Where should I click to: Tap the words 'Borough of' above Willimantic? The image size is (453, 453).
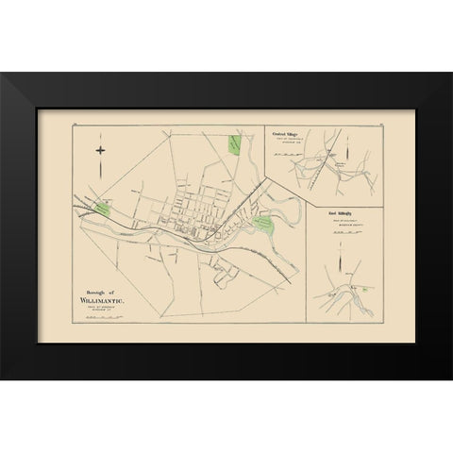[94, 291]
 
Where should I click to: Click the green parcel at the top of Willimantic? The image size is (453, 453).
[233, 144]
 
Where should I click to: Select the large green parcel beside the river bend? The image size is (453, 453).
[263, 224]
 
